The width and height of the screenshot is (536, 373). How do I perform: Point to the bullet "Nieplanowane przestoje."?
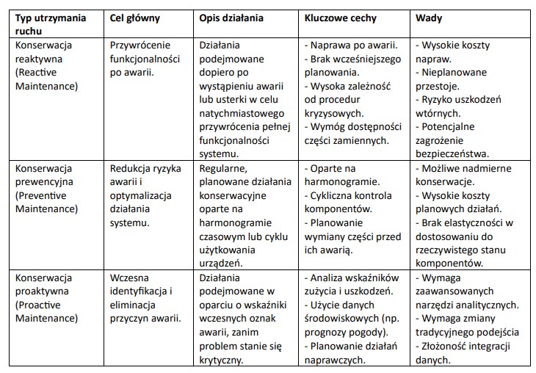tap(456, 79)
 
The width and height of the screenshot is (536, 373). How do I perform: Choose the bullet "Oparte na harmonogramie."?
tap(341, 175)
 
